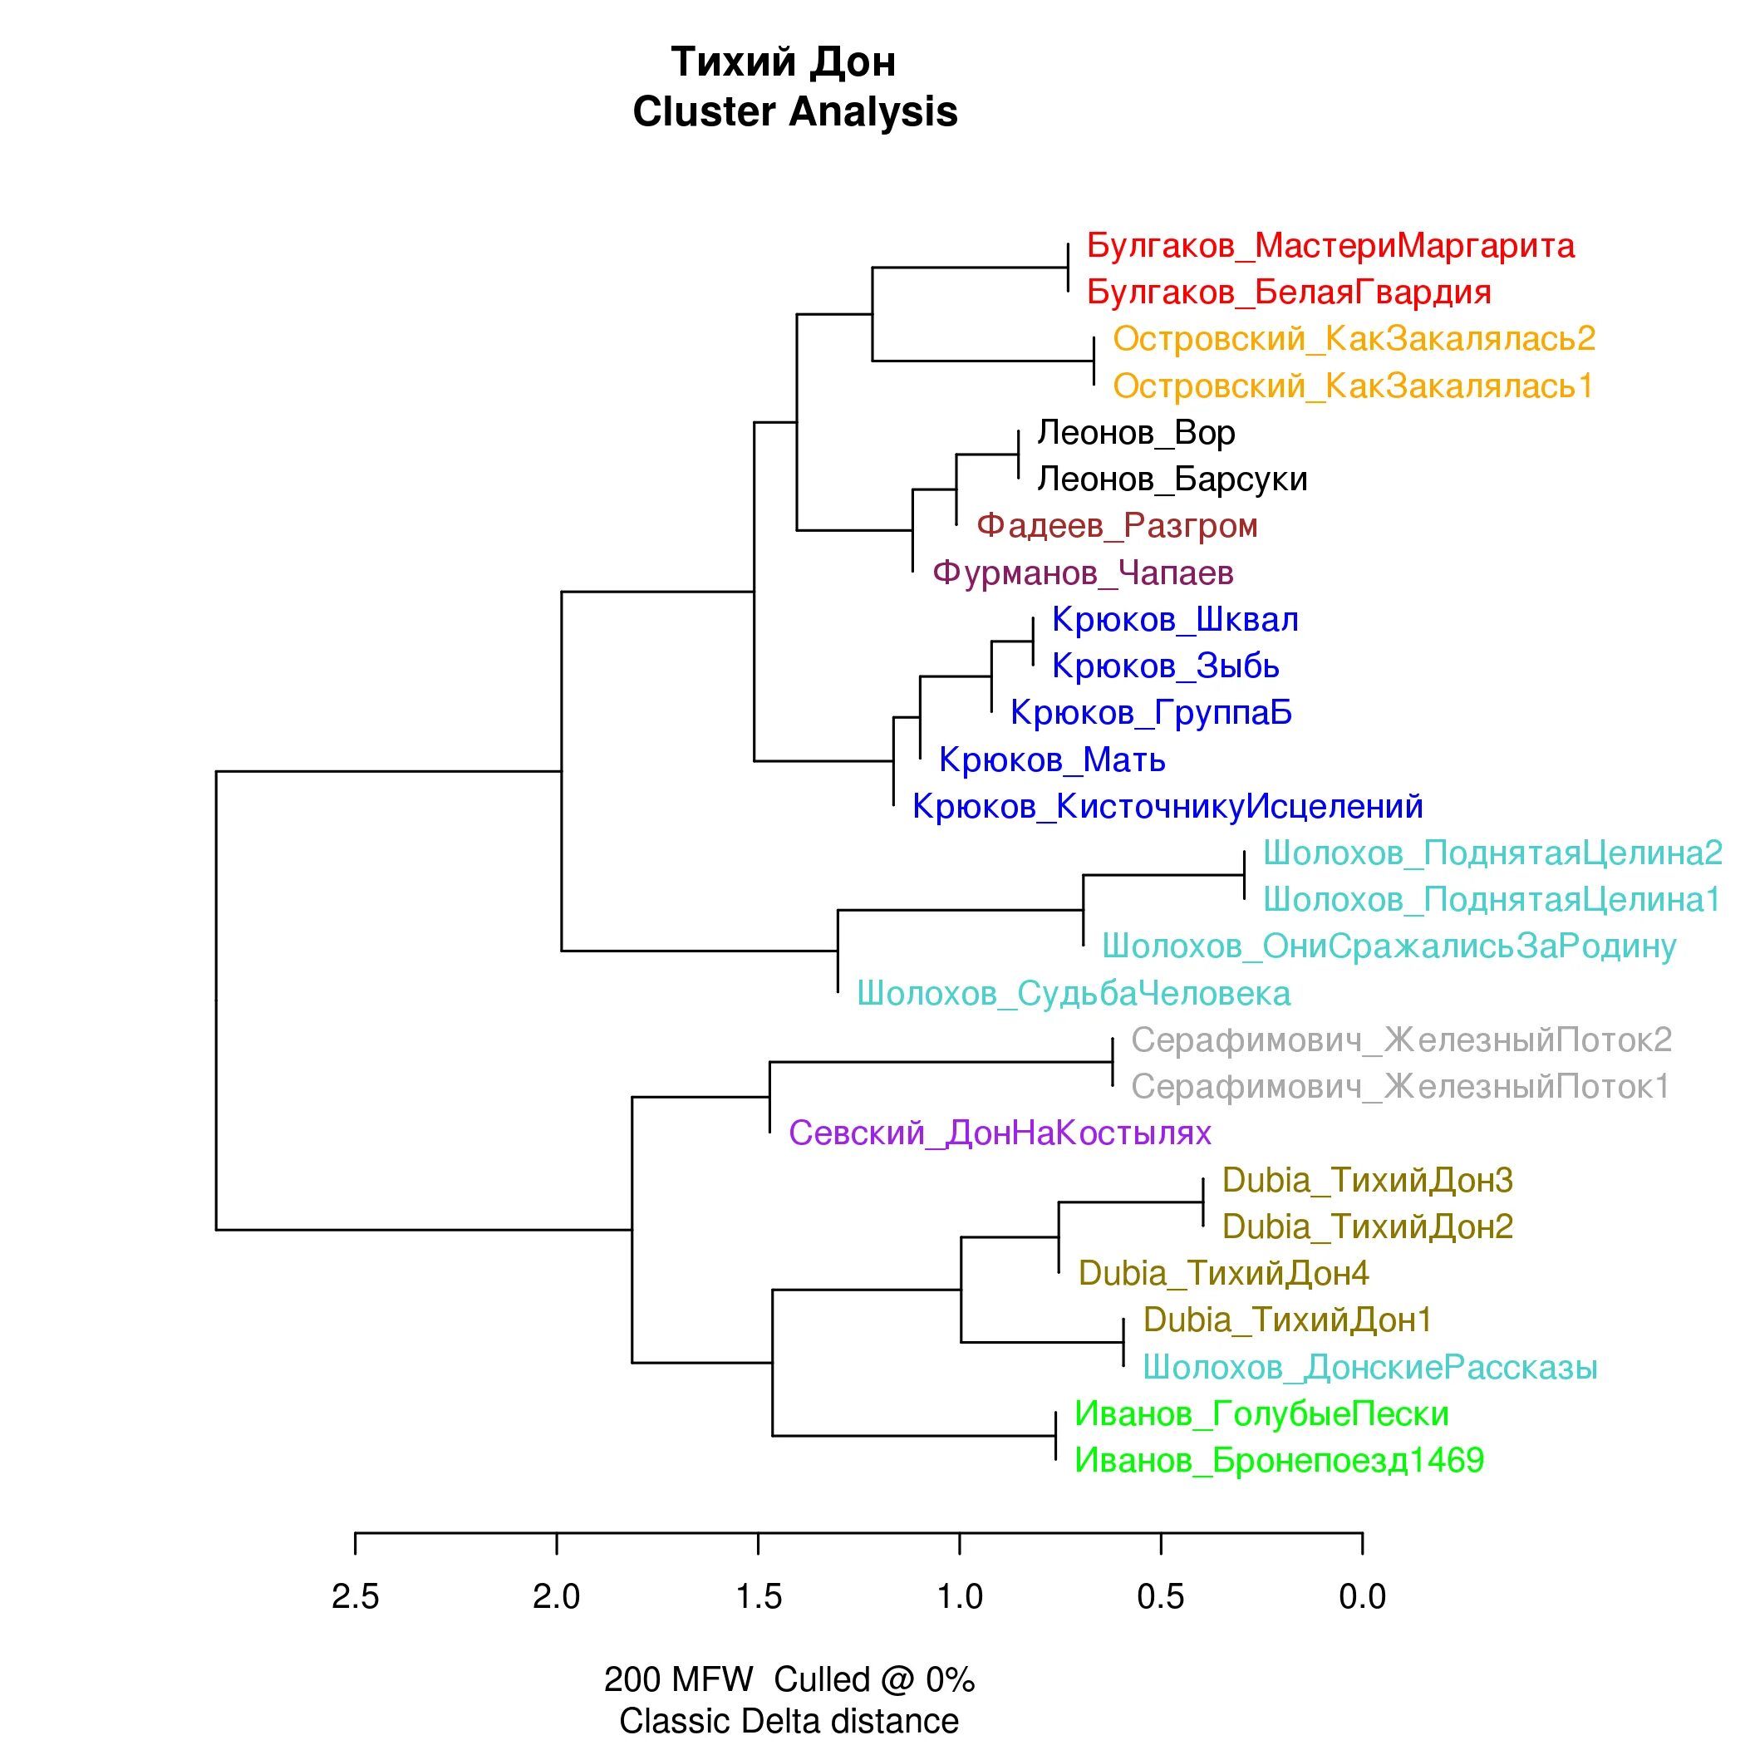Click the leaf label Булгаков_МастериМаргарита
(x=1330, y=246)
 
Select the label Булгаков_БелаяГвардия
(x=1288, y=292)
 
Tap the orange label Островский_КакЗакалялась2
(x=1353, y=339)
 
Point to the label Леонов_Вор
(x=1135, y=433)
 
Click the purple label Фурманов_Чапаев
(x=1082, y=573)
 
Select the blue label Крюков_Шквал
(x=1175, y=620)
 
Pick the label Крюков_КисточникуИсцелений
(x=1167, y=807)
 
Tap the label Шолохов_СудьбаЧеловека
(x=1073, y=994)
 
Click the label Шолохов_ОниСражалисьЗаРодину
(x=1389, y=946)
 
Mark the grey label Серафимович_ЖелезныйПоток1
(x=1400, y=1087)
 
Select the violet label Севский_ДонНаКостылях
(x=999, y=1133)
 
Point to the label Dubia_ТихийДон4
(x=1223, y=1274)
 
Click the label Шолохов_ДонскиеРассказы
(x=1369, y=1368)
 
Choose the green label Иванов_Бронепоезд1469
(x=1279, y=1461)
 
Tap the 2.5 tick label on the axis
(x=355, y=1597)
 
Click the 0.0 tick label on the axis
(x=1362, y=1597)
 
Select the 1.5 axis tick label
(x=758, y=1597)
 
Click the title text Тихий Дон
(x=783, y=62)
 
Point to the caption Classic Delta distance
(x=789, y=1721)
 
